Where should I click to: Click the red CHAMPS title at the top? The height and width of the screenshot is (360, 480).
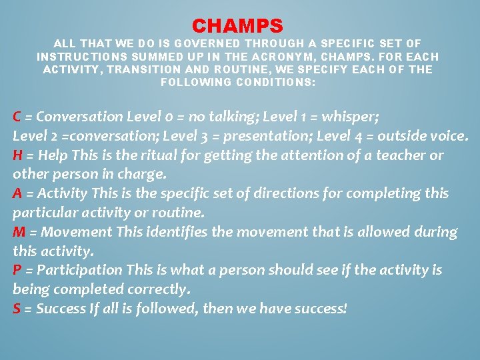click(238, 26)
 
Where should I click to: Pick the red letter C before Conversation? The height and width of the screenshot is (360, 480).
click(17, 117)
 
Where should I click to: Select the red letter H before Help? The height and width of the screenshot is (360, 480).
click(18, 155)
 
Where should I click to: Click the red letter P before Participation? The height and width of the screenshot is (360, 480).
click(17, 270)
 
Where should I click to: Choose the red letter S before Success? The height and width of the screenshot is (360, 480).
click(17, 309)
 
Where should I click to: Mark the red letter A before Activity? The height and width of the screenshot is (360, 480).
click(18, 193)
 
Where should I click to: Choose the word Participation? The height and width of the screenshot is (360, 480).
click(79, 270)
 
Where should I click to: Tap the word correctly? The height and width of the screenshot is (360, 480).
click(159, 289)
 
